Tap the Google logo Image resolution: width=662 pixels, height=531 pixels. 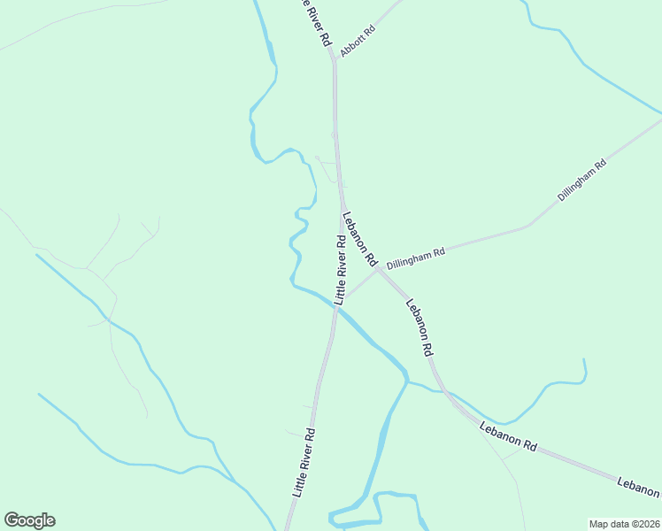29,520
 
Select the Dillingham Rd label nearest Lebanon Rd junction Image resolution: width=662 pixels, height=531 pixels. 415,258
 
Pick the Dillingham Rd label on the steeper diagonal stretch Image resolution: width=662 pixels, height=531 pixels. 581,180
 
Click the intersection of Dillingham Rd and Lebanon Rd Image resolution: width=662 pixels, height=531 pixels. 378,270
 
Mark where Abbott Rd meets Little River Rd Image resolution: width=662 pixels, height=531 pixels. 334,60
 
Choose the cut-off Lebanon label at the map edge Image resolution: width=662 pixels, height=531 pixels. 639,484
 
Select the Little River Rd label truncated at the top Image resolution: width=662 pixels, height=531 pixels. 315,22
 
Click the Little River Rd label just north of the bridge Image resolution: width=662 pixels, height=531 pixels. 340,269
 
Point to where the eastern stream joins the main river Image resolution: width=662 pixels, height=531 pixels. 408,382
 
